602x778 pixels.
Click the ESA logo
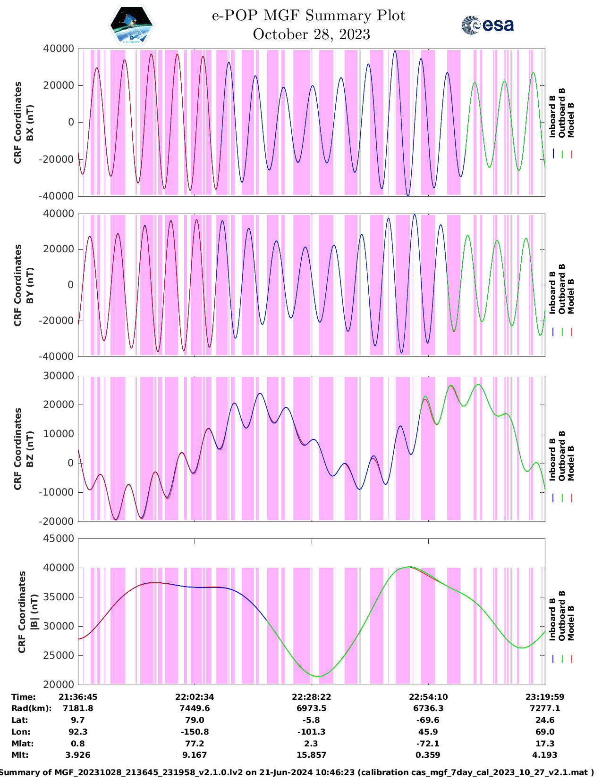(487, 25)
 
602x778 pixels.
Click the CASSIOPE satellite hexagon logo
(131, 25)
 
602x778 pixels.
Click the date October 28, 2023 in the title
(311, 34)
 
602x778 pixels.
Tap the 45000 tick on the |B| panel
(59, 538)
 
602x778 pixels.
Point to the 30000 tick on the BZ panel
(59, 376)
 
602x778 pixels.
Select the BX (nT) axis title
(30, 123)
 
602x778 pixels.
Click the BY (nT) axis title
(30, 285)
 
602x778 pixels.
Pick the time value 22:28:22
(311, 697)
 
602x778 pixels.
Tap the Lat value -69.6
(428, 720)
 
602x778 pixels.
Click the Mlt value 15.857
(311, 755)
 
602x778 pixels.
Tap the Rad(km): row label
(31, 708)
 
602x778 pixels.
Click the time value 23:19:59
(545, 697)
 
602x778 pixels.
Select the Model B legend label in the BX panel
(571, 120)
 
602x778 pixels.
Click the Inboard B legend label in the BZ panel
(552, 460)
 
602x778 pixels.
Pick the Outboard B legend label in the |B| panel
(562, 615)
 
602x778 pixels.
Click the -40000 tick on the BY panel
(59, 356)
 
